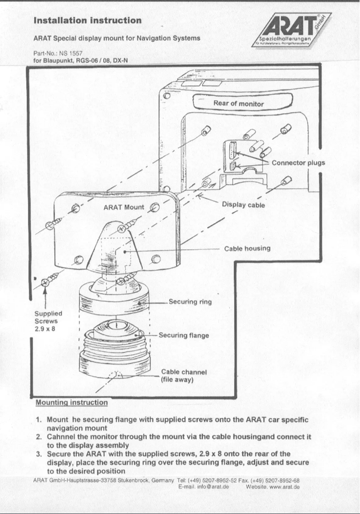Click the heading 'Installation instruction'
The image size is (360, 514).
88,20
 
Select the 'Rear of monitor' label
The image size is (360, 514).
238,104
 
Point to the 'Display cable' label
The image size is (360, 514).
243,205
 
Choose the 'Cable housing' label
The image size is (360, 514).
247,248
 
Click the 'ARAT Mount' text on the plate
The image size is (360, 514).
124,207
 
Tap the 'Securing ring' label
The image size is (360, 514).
190,302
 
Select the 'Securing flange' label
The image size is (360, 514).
183,335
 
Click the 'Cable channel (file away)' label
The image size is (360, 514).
184,376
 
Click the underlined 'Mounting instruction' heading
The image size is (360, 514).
72,402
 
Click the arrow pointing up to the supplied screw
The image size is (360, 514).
45,297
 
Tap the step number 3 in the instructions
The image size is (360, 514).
39,454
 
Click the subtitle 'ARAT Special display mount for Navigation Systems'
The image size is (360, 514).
117,38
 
